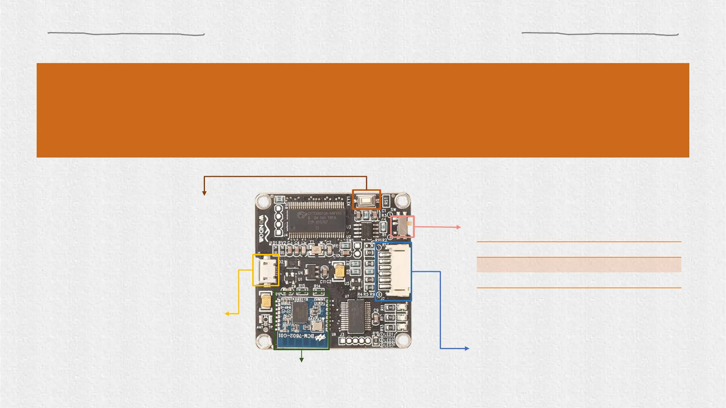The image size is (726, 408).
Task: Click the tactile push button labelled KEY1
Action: (x=366, y=200)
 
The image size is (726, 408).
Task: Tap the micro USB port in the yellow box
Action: (x=265, y=270)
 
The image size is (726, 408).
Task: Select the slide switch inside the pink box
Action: (x=402, y=227)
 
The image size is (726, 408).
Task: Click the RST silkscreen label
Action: (x=386, y=201)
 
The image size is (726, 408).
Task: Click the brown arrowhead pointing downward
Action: (x=204, y=193)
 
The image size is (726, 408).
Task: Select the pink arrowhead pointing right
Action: (x=459, y=227)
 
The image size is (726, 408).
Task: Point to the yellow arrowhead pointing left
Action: (x=227, y=314)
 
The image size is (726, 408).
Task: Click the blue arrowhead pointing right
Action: (x=467, y=348)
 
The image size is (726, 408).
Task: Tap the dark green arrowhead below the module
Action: (x=301, y=360)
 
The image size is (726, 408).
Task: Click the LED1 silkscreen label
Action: (x=389, y=334)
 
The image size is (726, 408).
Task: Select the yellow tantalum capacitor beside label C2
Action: (x=340, y=271)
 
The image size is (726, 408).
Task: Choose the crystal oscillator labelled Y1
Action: (x=315, y=249)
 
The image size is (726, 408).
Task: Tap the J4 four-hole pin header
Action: (x=279, y=220)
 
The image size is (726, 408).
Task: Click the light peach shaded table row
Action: (x=579, y=265)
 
